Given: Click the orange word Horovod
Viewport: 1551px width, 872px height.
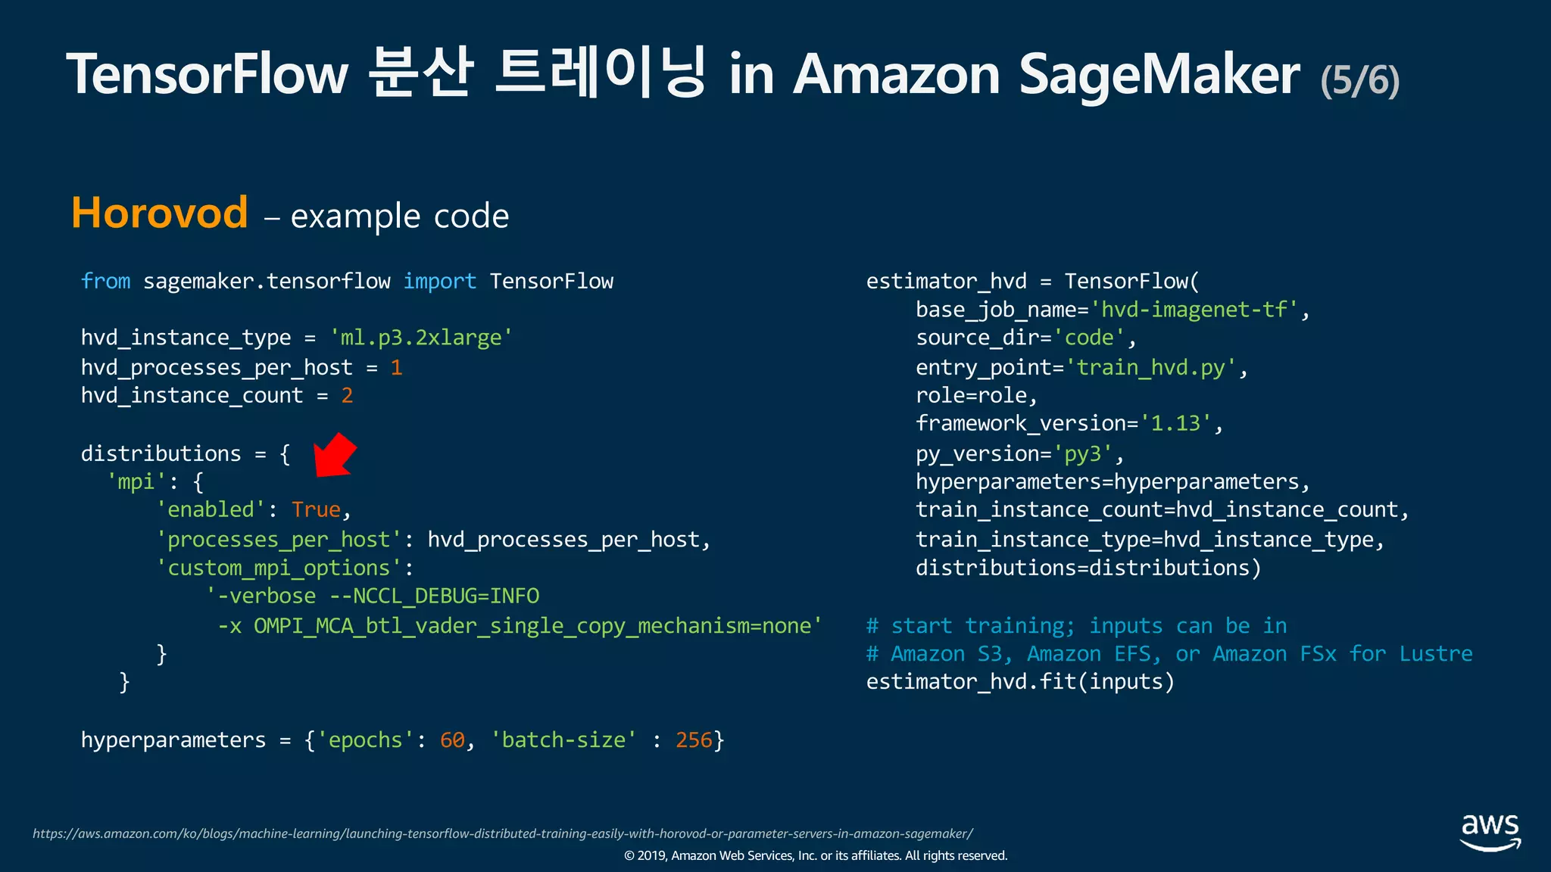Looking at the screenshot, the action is click(x=160, y=213).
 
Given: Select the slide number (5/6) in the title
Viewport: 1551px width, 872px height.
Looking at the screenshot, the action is click(x=1359, y=80).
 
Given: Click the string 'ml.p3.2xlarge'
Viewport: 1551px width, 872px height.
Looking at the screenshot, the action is click(x=421, y=338).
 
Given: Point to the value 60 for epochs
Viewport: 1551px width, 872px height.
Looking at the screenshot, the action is click(x=452, y=740).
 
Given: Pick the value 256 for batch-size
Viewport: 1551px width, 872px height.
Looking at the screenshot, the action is click(x=694, y=740).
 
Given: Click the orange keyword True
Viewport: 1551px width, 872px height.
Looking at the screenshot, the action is click(x=316, y=510).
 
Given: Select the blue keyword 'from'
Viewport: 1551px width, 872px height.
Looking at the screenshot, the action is click(x=105, y=282).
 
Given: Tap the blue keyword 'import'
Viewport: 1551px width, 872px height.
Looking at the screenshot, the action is click(x=439, y=282).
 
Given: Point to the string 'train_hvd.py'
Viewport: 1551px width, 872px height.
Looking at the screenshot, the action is click(x=1150, y=368).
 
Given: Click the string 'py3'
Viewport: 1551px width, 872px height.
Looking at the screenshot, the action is click(x=1082, y=454).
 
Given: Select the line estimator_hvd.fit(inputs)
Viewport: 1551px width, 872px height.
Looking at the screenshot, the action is click(x=1020, y=682).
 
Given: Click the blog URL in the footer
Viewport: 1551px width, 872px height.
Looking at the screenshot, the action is click(x=502, y=833).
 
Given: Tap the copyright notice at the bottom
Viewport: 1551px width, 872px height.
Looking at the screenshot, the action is click(x=816, y=856).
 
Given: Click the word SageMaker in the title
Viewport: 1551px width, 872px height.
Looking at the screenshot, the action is click(x=1159, y=74).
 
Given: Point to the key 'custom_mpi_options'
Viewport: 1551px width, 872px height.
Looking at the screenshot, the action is click(x=279, y=568).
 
